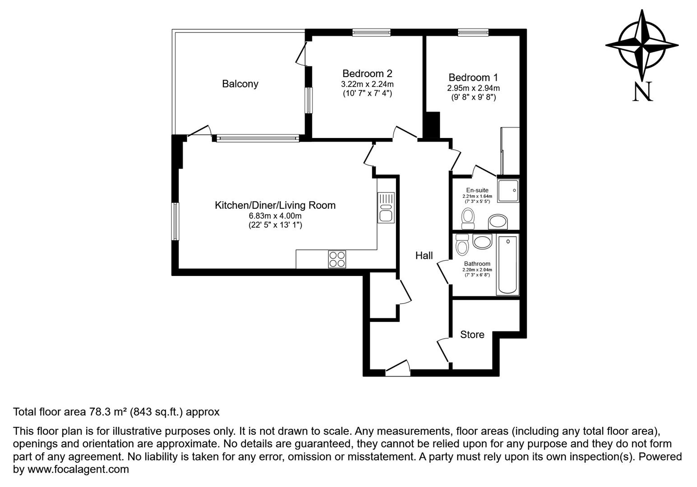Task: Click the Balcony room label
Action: point(240,84)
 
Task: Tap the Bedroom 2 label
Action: point(367,74)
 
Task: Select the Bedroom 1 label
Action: point(473,78)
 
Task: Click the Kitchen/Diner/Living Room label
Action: point(275,206)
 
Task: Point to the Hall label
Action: point(424,256)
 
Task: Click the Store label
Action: point(472,335)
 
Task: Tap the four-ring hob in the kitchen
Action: point(337,259)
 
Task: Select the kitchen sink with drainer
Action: point(386,207)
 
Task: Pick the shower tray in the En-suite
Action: point(508,190)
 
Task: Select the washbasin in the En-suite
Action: point(498,222)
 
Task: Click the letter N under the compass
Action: point(643,92)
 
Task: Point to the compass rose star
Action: point(642,45)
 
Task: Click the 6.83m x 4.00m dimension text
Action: point(275,216)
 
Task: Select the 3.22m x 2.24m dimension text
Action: point(367,84)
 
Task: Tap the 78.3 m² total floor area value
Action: point(107,412)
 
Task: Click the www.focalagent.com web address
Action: point(78,469)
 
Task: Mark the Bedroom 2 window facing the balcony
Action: point(309,100)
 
